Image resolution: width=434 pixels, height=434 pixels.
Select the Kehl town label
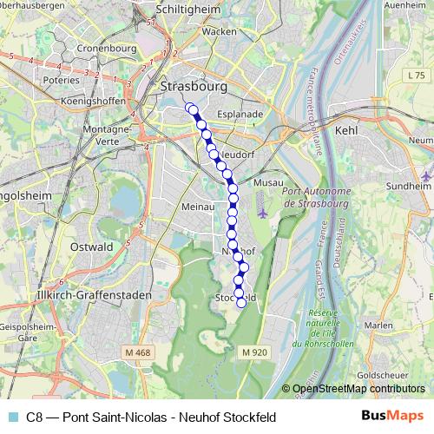[346, 129]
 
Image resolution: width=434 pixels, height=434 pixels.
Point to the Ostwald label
[91, 247]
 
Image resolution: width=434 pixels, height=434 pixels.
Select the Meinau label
[199, 207]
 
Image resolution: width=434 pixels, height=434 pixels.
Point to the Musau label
[266, 184]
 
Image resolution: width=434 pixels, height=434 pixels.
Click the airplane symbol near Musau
[263, 213]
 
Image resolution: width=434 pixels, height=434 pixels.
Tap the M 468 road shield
[136, 352]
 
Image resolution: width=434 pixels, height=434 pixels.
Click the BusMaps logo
[392, 417]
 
